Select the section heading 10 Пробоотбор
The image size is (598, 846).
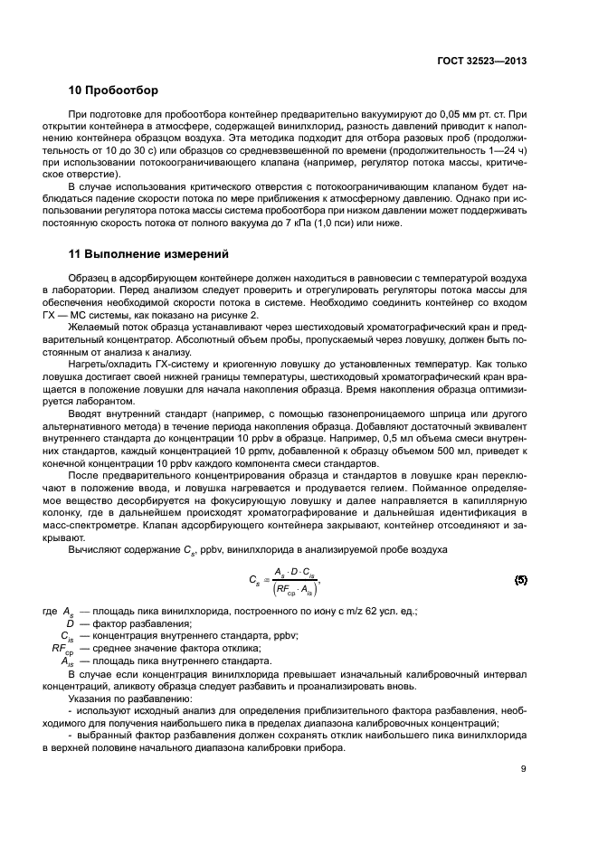click(x=113, y=91)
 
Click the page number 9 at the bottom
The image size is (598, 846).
click(x=524, y=770)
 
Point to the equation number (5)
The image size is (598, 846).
click(x=520, y=579)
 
